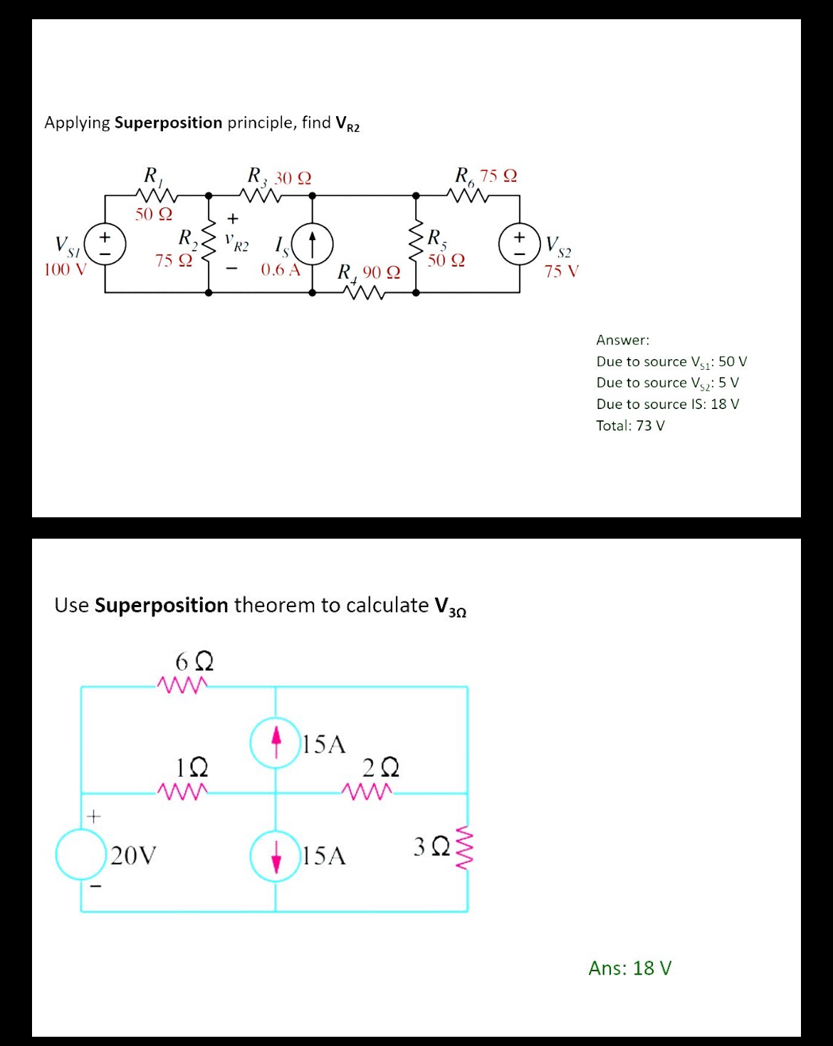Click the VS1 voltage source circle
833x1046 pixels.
[105, 244]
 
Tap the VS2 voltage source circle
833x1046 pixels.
[520, 244]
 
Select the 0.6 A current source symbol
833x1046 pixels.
[313, 244]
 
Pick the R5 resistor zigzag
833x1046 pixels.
[416, 244]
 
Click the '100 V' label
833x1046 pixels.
[65, 269]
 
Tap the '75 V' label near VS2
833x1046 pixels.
[562, 271]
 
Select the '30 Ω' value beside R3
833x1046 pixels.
[293, 177]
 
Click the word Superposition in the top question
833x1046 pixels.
[168, 123]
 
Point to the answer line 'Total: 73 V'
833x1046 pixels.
[630, 425]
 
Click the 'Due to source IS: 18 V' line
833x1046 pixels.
[668, 404]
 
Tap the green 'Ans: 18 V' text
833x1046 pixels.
[629, 968]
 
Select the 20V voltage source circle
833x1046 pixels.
[81, 853]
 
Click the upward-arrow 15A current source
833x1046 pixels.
[276, 742]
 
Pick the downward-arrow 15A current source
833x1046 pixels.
[276, 856]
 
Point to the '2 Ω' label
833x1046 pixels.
[380, 768]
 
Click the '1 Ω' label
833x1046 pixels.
[192, 767]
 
